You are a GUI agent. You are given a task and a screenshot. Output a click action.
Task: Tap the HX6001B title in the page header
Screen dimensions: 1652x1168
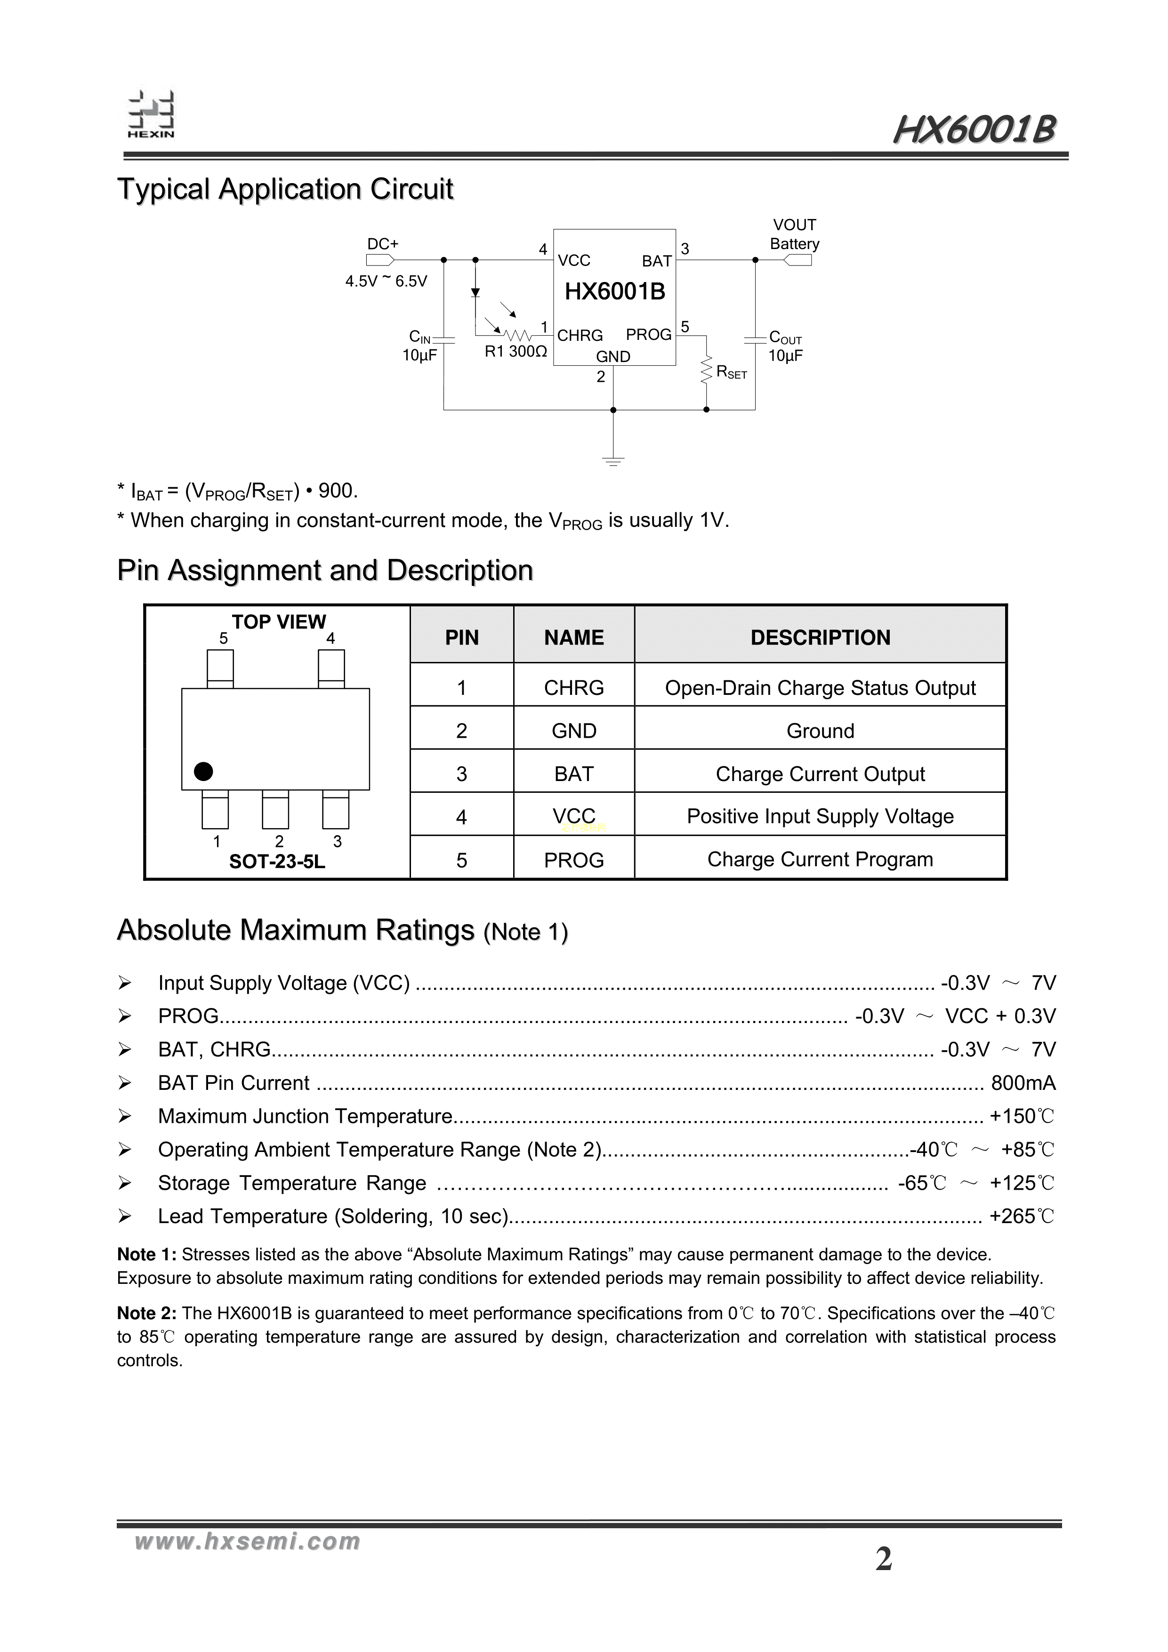click(975, 131)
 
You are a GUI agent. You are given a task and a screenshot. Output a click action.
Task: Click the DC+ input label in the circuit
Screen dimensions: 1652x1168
click(383, 244)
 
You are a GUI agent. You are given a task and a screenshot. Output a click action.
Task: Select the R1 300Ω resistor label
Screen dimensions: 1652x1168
click(516, 352)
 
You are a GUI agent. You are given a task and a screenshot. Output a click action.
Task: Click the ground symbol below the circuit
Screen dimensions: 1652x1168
click(613, 460)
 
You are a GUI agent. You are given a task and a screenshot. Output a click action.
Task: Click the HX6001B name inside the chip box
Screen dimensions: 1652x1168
click(614, 291)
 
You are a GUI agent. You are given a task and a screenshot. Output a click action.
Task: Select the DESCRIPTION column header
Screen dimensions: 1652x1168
click(820, 637)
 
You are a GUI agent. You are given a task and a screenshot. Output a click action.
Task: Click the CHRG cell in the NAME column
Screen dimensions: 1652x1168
click(573, 688)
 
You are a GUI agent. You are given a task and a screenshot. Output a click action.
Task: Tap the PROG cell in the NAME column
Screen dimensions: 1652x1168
click(573, 860)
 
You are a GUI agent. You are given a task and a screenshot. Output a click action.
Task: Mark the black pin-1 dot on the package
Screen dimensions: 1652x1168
click(204, 771)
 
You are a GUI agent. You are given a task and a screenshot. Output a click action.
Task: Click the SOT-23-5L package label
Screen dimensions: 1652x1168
click(277, 861)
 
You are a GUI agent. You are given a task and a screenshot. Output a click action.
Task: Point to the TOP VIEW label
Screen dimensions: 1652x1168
click(279, 621)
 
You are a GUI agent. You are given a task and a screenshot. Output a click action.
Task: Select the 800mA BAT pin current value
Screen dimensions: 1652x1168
click(1023, 1083)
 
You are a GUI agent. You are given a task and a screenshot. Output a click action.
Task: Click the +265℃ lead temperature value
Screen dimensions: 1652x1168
click(1021, 1216)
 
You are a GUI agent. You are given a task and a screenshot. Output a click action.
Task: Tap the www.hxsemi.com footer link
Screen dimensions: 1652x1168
click(247, 1541)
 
